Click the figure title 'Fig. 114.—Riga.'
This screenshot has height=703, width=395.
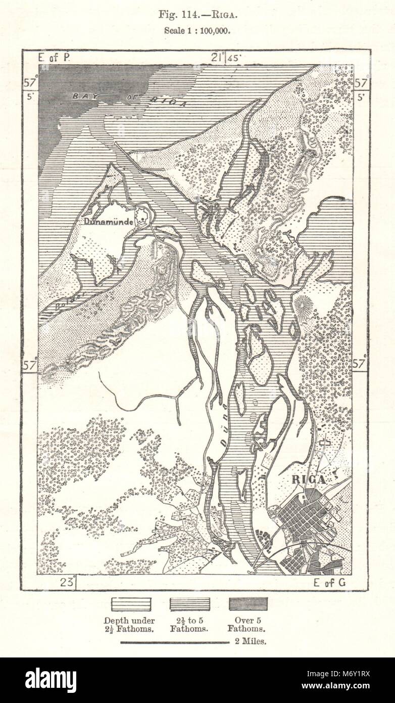coord(197,15)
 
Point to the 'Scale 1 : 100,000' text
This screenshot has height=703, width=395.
coord(197,30)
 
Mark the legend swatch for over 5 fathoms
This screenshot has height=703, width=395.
coord(248,604)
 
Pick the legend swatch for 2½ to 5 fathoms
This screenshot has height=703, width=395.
coord(190,604)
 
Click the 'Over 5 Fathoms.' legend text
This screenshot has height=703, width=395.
coord(248,625)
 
